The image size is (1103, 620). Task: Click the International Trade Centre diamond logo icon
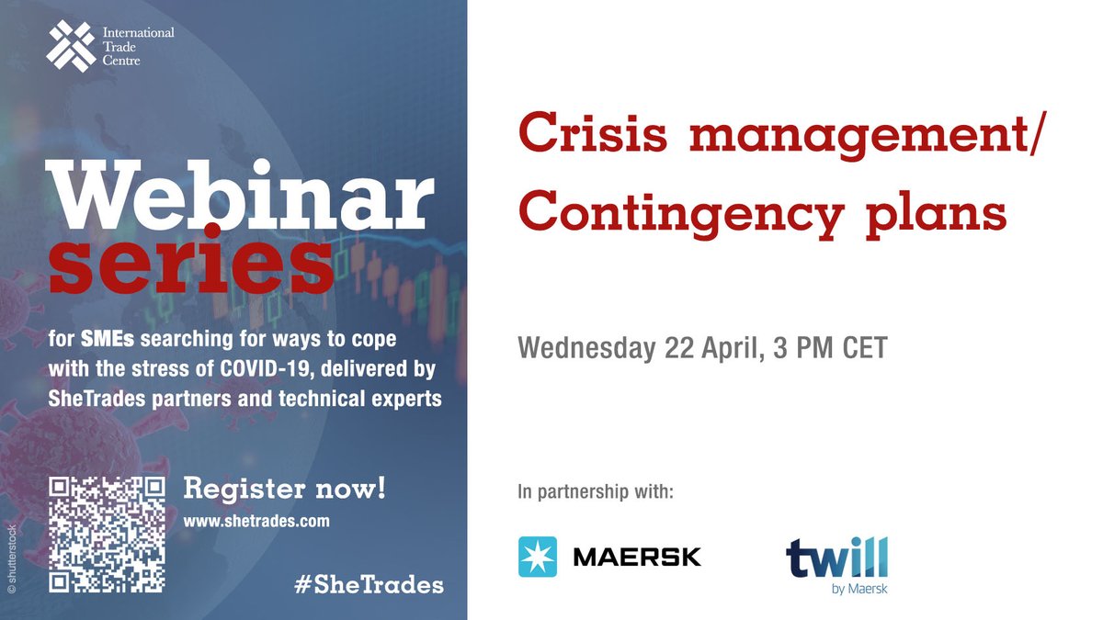pos(71,47)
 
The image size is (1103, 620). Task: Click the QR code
pos(108,534)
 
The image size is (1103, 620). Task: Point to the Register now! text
pos(285,488)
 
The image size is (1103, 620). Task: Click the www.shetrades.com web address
pos(257,520)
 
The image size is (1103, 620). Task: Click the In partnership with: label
pos(596,492)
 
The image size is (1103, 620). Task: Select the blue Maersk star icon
pos(538,557)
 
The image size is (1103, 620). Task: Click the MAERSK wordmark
pos(637,557)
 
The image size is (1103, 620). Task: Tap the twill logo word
pos(836,558)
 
